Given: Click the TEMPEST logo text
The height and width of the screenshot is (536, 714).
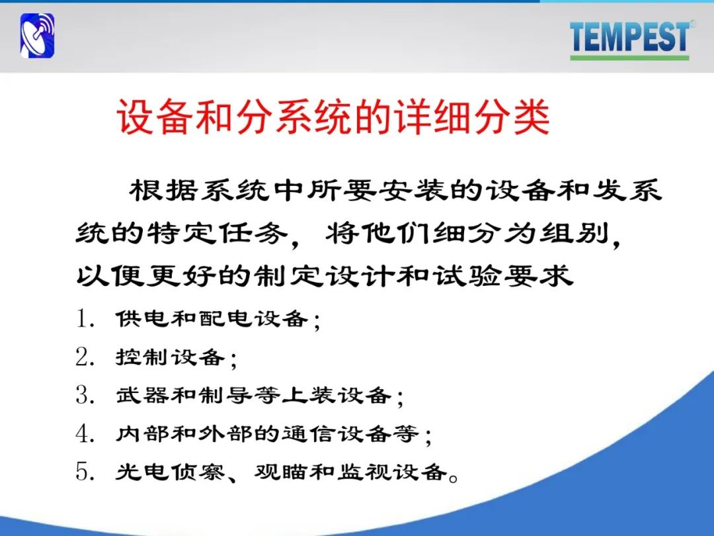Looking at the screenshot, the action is (629, 36).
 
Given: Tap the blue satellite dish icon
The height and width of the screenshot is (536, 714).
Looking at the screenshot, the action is (37, 36).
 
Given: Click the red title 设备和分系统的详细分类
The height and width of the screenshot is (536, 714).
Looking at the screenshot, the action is (333, 116).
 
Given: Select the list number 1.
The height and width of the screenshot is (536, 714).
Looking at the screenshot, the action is (84, 318).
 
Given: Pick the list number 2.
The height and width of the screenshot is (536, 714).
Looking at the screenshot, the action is (84, 357).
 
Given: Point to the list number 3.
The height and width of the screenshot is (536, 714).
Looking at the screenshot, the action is (84, 394).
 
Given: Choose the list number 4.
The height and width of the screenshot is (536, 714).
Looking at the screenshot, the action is (84, 433).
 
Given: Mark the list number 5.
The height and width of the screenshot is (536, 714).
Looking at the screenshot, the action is (84, 471).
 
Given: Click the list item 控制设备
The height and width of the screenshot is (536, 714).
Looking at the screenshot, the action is (171, 357).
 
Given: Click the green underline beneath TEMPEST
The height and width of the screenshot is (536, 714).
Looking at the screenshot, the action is (629, 58).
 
